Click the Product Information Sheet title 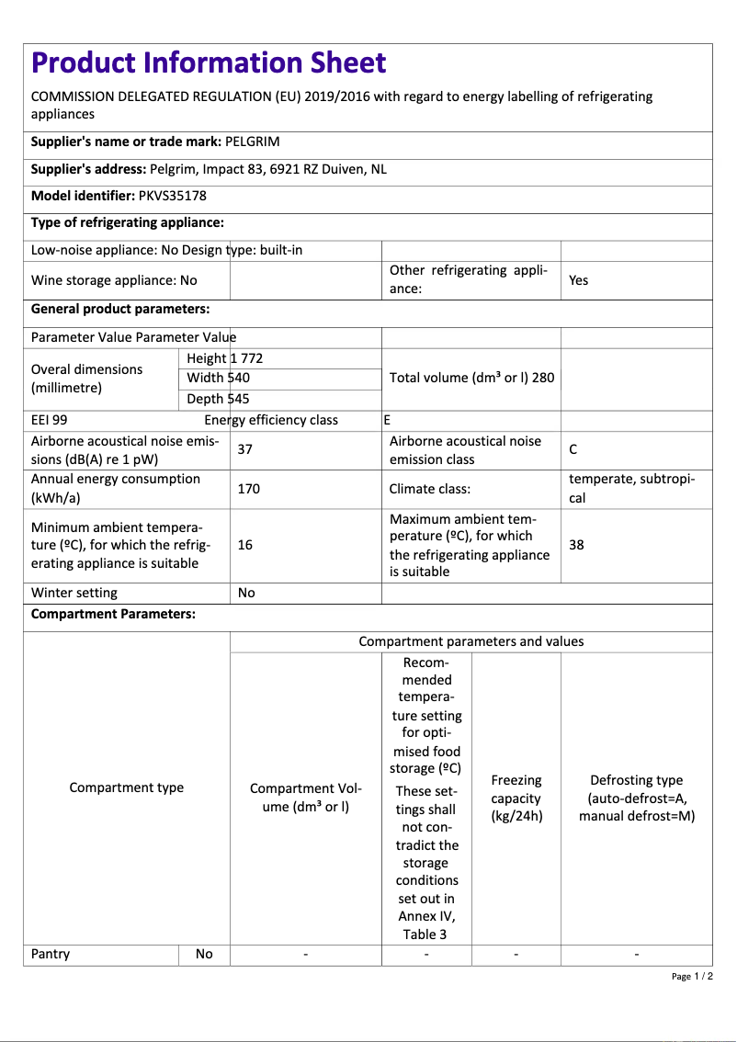pyautogui.click(x=209, y=62)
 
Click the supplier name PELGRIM pyautogui.click(x=253, y=142)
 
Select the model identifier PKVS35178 pyautogui.click(x=174, y=196)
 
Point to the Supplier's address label pyautogui.click(x=88, y=169)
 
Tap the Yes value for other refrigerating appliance pyautogui.click(x=578, y=280)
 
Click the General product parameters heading pyautogui.click(x=120, y=309)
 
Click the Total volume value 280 pyautogui.click(x=542, y=378)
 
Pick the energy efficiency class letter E pyautogui.click(x=387, y=420)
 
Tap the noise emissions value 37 pyautogui.click(x=245, y=449)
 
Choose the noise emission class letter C pyautogui.click(x=573, y=449)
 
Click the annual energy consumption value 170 pyautogui.click(x=248, y=489)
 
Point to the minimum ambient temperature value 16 pyautogui.click(x=245, y=545)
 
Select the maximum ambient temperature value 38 pyautogui.click(x=576, y=545)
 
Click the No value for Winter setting pyautogui.click(x=246, y=593)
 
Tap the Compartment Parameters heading pyautogui.click(x=113, y=614)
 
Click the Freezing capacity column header pyautogui.click(x=516, y=798)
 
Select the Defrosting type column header pyautogui.click(x=636, y=798)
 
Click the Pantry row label pyautogui.click(x=51, y=954)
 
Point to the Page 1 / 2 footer pyautogui.click(x=692, y=976)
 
